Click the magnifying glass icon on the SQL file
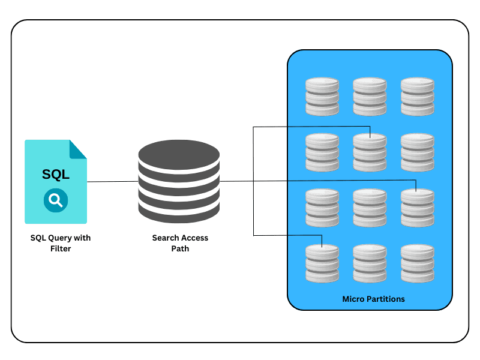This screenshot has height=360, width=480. pos(56,200)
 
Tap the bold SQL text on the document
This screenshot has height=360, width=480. pos(56,175)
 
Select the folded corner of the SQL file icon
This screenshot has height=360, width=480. pos(79,149)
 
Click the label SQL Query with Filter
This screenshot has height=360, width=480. pos(61,243)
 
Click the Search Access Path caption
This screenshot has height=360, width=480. pos(180,243)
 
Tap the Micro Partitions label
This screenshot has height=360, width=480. pos(373,299)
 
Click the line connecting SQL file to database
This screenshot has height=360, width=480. pos(112,181)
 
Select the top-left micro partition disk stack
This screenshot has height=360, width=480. pos(322,96)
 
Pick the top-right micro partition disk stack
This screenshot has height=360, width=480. pos(418,96)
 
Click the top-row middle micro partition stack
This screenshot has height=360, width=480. pos(370,96)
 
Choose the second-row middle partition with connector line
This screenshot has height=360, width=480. pos(370,152)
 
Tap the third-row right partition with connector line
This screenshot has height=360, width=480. pos(418,208)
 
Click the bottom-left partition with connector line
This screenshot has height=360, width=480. pos(322,263)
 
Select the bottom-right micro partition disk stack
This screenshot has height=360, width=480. pos(418,263)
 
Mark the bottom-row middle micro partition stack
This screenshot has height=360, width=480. pos(370,263)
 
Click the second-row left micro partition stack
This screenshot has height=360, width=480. pos(322,152)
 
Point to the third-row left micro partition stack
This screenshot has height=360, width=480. pos(322,208)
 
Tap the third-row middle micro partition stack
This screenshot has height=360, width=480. pos(370,208)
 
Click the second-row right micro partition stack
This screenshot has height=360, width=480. pos(418,152)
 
